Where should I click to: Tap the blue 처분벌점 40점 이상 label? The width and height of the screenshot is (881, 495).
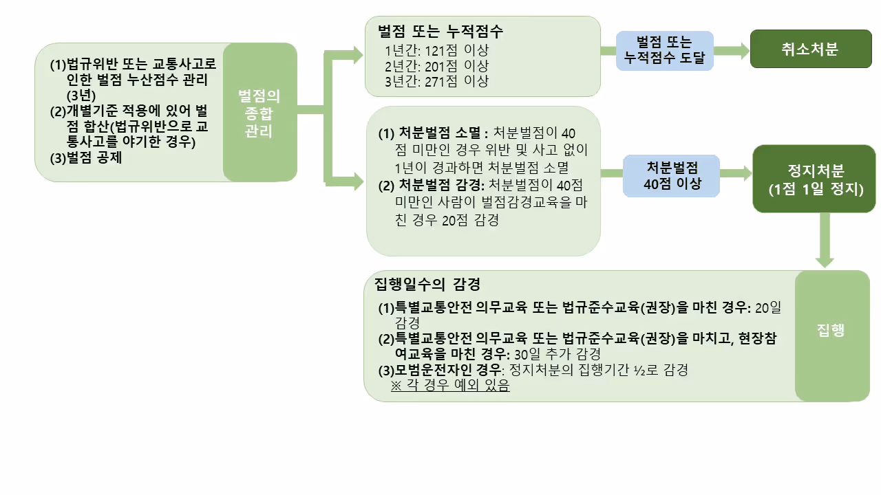point(671,175)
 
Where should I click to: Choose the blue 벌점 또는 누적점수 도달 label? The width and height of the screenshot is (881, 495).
point(665,50)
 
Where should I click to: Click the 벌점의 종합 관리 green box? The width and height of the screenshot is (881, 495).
point(259,112)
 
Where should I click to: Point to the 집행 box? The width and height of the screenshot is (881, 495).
point(831,330)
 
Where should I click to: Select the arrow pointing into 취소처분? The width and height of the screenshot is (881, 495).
point(732,49)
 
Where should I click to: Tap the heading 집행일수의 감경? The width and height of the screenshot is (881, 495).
point(427,284)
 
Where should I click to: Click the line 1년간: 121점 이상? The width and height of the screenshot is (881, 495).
point(437,51)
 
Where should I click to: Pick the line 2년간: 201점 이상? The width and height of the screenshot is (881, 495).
point(437,66)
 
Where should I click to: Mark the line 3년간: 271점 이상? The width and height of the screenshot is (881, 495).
point(437,81)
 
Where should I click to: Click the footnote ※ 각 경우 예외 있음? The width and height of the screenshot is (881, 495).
point(450,386)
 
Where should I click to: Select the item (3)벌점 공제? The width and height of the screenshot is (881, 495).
point(85,156)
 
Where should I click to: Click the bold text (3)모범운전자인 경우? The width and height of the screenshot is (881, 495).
point(441,370)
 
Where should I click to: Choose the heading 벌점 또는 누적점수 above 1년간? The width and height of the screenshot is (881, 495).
point(440,32)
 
